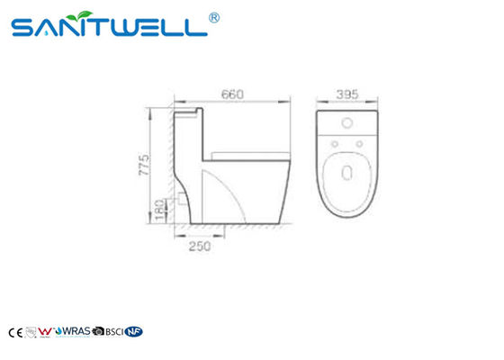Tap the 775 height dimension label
coord(157,165)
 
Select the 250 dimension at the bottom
coord(201,244)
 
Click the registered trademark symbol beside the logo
coord(214,16)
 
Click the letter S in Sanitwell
coord(24,29)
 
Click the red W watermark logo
coord(46,331)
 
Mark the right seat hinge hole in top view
coord(356,142)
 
